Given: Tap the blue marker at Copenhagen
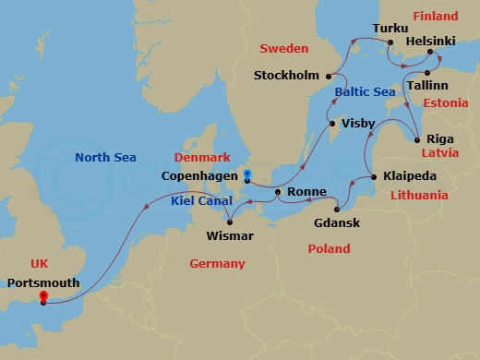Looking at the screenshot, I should (246, 174).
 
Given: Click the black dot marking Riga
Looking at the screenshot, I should (417, 139).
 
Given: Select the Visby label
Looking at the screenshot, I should (357, 122).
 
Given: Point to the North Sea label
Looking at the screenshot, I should (106, 157).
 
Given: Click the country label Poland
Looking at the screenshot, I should (329, 248).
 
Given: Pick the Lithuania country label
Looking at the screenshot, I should (418, 195).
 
